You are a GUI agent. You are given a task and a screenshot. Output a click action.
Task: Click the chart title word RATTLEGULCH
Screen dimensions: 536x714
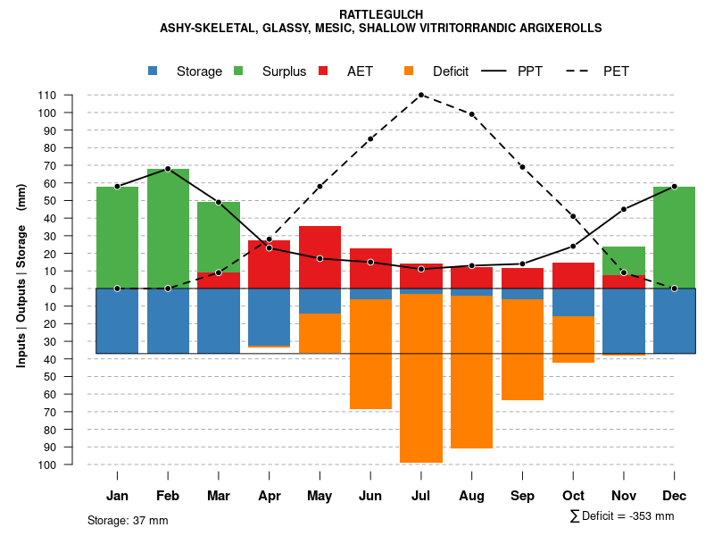pyautogui.click(x=381, y=14)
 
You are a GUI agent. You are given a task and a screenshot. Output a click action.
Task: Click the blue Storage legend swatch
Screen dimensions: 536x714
pyautogui.click(x=154, y=71)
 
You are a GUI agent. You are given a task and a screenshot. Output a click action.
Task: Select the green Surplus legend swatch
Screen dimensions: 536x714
pyautogui.click(x=239, y=71)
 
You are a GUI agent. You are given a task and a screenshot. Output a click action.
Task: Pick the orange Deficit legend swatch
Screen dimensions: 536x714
pyautogui.click(x=410, y=71)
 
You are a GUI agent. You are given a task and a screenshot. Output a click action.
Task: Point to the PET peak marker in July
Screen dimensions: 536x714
pyautogui.click(x=420, y=95)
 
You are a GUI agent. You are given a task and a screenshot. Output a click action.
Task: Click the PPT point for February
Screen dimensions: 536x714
pyautogui.click(x=168, y=169)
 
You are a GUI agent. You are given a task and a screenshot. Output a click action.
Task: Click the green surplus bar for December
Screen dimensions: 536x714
pyautogui.click(x=674, y=237)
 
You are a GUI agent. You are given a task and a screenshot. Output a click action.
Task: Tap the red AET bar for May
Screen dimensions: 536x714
pyautogui.click(x=320, y=257)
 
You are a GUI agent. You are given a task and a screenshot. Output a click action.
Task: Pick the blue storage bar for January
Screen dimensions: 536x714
pyautogui.click(x=117, y=321)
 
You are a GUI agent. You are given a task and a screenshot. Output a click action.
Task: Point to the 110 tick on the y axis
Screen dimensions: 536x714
pyautogui.click(x=48, y=96)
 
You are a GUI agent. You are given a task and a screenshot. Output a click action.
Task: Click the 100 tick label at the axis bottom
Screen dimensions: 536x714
pyautogui.click(x=48, y=465)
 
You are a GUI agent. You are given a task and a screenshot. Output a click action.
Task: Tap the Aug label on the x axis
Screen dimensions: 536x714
pyautogui.click(x=471, y=496)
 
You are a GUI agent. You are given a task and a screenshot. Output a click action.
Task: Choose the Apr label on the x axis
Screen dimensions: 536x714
pyautogui.click(x=269, y=496)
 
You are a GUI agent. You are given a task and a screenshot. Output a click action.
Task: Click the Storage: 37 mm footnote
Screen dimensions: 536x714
pyautogui.click(x=128, y=520)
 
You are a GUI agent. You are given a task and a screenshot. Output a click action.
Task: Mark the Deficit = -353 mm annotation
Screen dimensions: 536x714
pyautogui.click(x=622, y=516)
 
